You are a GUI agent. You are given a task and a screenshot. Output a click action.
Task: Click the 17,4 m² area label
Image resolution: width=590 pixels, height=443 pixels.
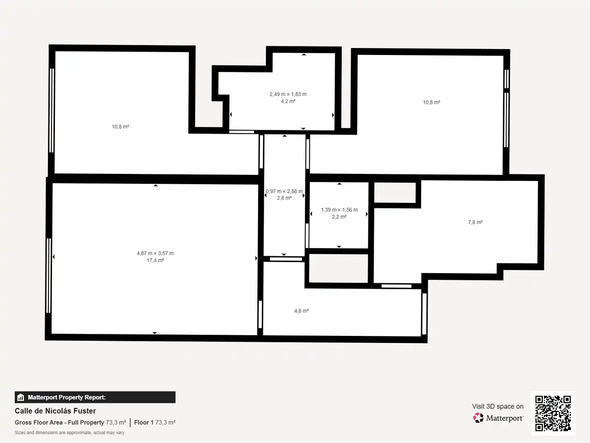pyautogui.click(x=155, y=260)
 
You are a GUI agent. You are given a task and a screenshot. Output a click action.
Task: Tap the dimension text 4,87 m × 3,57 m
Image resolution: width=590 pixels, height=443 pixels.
pyautogui.click(x=155, y=253)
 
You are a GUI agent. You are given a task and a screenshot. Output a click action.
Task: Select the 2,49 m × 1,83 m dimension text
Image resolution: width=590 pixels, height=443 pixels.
pyautogui.click(x=288, y=94)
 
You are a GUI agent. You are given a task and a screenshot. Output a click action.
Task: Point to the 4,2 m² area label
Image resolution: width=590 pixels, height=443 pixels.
pyautogui.click(x=288, y=101)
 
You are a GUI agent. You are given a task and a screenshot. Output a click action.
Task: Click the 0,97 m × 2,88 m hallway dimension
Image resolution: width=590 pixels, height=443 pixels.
pyautogui.click(x=284, y=191)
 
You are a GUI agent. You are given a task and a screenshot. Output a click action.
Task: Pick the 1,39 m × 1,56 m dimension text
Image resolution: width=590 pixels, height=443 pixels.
pyautogui.click(x=339, y=210)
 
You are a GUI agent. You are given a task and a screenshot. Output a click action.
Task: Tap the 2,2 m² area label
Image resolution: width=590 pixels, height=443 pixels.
pyautogui.click(x=339, y=217)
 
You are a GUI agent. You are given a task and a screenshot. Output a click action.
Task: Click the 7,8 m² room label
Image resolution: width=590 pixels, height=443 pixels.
pyautogui.click(x=475, y=222)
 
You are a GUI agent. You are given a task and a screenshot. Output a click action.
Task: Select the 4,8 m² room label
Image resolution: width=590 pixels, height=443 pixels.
pyautogui.click(x=301, y=311)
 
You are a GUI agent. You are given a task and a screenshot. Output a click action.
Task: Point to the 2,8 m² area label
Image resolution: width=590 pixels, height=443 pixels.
pyautogui.click(x=284, y=198)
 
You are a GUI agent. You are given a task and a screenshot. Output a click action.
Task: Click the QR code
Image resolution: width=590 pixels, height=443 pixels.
pyautogui.click(x=553, y=413)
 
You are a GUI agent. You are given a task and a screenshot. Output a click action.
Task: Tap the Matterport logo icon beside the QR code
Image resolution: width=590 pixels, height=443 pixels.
pyautogui.click(x=478, y=418)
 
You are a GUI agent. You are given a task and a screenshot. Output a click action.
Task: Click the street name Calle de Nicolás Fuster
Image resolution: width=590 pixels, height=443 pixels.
pyautogui.click(x=55, y=411)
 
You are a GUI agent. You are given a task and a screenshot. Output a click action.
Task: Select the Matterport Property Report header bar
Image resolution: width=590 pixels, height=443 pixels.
pyautogui.click(x=95, y=397)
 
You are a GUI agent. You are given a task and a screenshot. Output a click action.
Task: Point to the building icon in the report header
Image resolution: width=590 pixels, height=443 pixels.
pyautogui.click(x=21, y=397)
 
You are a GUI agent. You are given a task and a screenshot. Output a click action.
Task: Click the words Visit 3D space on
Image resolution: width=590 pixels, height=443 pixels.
pyautogui.click(x=497, y=406)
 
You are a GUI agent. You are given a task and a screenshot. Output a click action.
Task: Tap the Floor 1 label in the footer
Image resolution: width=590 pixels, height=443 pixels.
pyautogui.click(x=143, y=422)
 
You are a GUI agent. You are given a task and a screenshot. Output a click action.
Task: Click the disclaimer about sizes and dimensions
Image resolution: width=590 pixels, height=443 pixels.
pyautogui.click(x=69, y=432)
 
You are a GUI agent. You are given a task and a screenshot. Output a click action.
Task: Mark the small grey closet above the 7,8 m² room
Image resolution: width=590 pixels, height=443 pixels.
pyautogui.click(x=395, y=193)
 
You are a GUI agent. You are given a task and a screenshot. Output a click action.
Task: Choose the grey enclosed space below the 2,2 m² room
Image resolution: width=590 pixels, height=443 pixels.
pyautogui.click(x=338, y=268)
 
